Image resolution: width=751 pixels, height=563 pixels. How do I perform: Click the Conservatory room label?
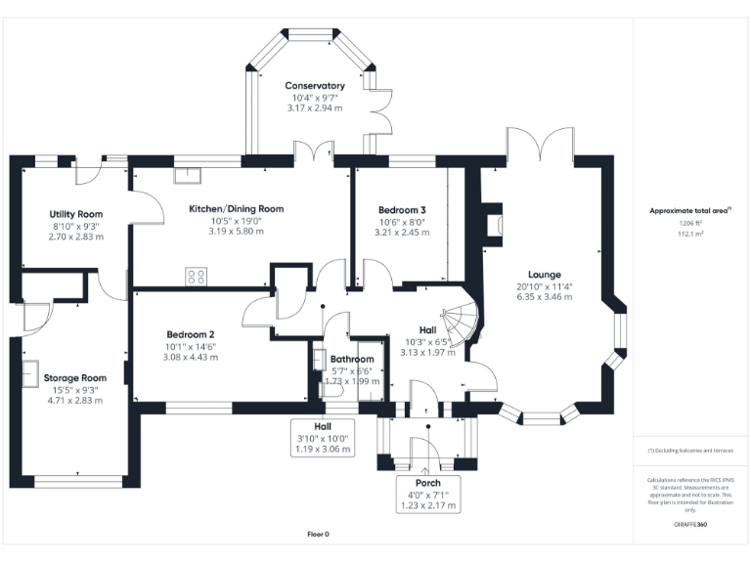(315, 86)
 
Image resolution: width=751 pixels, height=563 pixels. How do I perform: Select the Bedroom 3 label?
(402, 210)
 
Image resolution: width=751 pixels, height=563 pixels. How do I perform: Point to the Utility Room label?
(76, 214)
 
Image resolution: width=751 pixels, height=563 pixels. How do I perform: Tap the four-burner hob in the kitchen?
(196, 277)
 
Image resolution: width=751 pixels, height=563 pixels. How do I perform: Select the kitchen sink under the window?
(185, 176)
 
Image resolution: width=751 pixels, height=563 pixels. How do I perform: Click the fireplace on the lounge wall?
(494, 222)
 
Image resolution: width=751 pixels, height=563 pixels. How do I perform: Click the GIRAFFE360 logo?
(690, 525)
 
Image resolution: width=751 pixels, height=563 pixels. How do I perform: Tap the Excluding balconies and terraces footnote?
(690, 450)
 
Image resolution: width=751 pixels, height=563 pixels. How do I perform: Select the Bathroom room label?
(351, 360)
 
